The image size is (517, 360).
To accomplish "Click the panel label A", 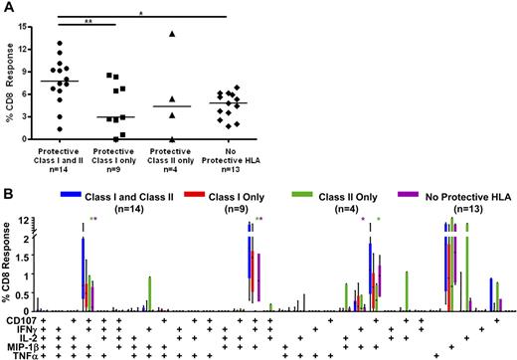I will (7, 7).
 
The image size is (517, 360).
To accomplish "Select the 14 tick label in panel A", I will (35, 34).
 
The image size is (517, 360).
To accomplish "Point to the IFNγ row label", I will (20, 328).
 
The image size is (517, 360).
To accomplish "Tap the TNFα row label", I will (19, 355).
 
